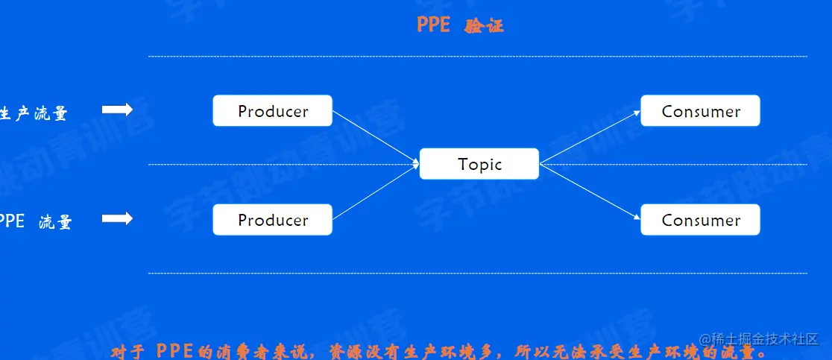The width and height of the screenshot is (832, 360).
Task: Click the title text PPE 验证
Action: point(460,25)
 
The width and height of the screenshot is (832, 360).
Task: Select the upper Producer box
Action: point(272,111)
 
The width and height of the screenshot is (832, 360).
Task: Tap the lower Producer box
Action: point(272,220)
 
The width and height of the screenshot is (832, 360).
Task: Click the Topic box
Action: point(479,164)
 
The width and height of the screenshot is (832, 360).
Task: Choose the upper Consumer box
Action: point(700,111)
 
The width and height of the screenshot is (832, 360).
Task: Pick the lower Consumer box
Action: point(700,220)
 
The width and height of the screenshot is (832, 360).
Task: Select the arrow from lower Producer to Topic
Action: point(375,192)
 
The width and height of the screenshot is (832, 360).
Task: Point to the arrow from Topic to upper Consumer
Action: point(589,137)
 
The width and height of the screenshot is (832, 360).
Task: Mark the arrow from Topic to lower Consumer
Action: point(589,191)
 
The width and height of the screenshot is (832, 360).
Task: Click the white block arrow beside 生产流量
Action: point(117,110)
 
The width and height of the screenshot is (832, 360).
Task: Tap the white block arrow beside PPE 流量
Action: point(117,218)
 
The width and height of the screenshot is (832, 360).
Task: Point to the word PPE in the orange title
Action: point(433,25)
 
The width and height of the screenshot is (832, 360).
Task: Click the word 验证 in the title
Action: point(484,26)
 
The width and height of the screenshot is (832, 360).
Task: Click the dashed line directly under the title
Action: point(477,56)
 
